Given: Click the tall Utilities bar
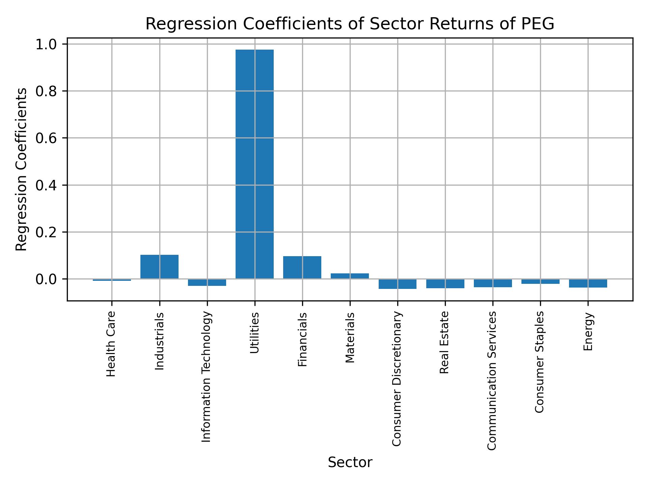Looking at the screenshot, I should (x=254, y=164).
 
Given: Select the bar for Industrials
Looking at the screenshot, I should (x=159, y=267).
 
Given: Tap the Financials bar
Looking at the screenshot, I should (x=302, y=267).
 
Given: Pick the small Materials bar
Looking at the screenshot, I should (x=350, y=276).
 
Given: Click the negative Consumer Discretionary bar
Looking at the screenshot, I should (x=397, y=284).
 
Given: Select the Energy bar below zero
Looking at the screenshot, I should (x=588, y=283).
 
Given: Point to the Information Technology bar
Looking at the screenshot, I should (x=207, y=282).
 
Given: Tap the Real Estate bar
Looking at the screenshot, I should (x=445, y=283).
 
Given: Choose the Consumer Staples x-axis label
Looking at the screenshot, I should (x=540, y=362).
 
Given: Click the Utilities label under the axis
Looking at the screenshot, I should (x=254, y=333).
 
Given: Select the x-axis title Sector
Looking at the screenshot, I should (x=350, y=462).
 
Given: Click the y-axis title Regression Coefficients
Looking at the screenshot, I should (x=22, y=169).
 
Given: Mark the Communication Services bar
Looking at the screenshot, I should (x=493, y=283).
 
